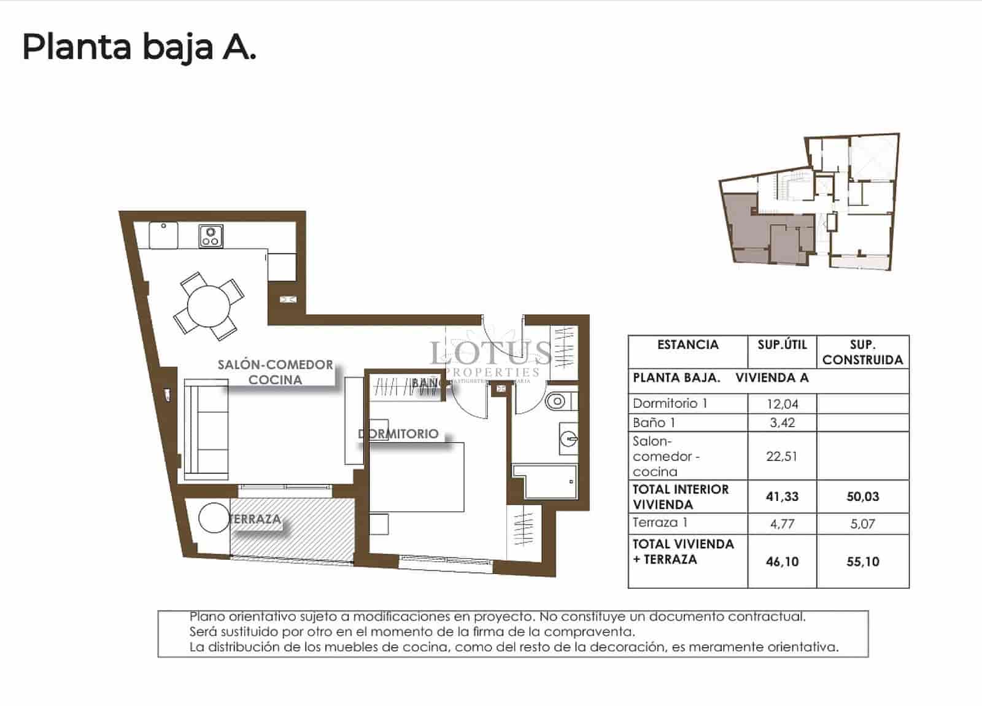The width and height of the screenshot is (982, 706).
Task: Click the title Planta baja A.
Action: coord(139,47)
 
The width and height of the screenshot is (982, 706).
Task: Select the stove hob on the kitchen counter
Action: coord(211,236)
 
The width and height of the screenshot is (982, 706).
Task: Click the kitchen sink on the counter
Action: coord(163,235)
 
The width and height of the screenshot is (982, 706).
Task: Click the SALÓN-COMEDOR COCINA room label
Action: coord(275,372)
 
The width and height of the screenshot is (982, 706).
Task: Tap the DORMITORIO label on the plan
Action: coord(398,433)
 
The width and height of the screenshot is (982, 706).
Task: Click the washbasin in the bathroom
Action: coord(568,438)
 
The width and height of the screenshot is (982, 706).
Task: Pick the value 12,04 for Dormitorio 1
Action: coord(782,404)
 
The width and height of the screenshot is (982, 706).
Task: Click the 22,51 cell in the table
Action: coord(782,456)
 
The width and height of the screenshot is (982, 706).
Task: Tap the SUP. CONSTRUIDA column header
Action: coord(862,352)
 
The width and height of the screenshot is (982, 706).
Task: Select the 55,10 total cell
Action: coord(862,561)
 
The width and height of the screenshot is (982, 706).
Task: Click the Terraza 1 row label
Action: coord(660,523)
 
